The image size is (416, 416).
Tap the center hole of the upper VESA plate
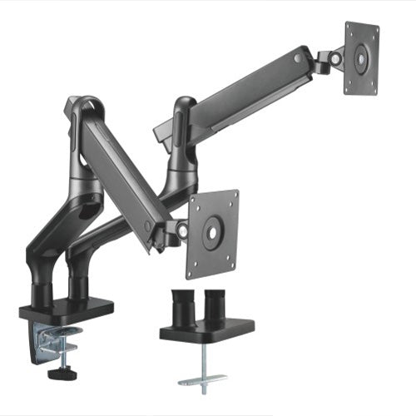361,59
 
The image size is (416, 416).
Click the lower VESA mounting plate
212,233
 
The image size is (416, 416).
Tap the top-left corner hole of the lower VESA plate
194,201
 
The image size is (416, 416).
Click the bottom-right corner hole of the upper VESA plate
372,88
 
